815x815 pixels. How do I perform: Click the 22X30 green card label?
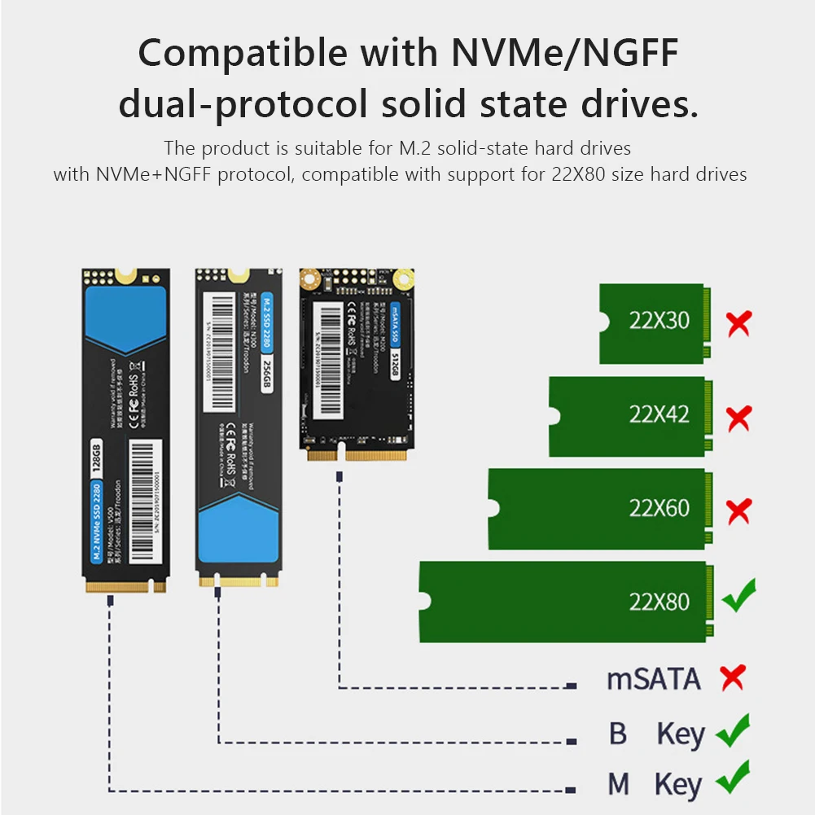point(659,320)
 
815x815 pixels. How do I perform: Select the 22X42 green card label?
point(659,414)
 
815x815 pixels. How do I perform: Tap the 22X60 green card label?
point(659,508)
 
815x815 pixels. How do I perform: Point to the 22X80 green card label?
point(659,602)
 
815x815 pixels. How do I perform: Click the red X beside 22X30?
point(738,323)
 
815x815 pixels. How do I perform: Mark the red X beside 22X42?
point(738,418)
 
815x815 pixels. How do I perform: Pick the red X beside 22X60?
point(738,511)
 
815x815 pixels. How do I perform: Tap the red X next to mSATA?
point(733,677)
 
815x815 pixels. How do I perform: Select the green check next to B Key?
point(733,730)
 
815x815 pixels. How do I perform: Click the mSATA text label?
point(653,679)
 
